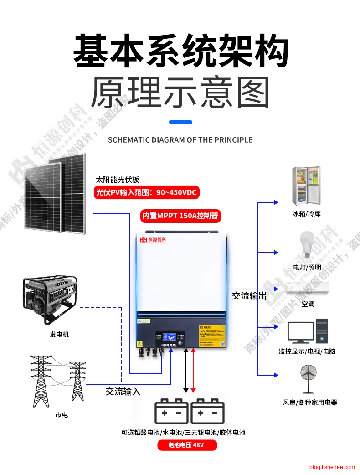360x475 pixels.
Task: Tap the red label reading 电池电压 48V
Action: pyautogui.click(x=187, y=445)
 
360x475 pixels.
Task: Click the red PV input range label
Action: pyautogui.click(x=146, y=192)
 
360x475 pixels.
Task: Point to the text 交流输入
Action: pyautogui.click(x=123, y=391)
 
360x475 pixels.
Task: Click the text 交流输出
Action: pyautogui.click(x=249, y=296)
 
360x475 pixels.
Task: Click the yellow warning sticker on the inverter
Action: pyautogui.click(x=212, y=336)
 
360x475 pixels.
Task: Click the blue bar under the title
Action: pyautogui.click(x=180, y=122)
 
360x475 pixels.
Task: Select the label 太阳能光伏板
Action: pyautogui.click(x=117, y=179)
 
